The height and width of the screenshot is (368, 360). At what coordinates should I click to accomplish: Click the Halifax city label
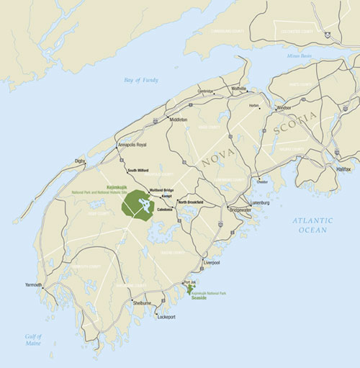(344, 169)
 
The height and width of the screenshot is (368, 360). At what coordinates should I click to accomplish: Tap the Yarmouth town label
(33, 285)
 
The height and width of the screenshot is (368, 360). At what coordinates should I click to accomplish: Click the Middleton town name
(178, 120)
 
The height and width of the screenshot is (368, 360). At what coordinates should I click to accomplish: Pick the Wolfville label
(238, 89)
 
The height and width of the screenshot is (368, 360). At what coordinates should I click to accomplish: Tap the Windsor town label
(284, 108)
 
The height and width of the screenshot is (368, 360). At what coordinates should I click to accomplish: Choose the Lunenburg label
(259, 203)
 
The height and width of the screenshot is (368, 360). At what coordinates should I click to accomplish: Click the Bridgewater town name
(240, 210)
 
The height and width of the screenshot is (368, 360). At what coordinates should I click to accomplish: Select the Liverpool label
(212, 264)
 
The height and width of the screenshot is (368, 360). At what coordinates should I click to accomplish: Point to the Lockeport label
(166, 317)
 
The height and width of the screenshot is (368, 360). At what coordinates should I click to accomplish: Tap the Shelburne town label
(143, 303)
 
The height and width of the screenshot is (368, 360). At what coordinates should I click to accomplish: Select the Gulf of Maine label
(32, 341)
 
